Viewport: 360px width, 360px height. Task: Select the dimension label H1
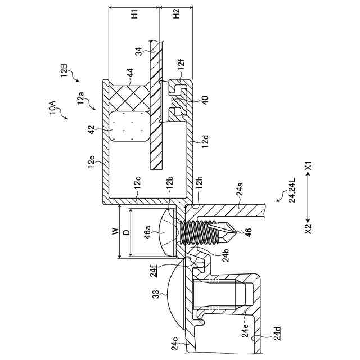click(133, 15)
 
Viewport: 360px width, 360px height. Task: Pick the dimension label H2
click(176, 15)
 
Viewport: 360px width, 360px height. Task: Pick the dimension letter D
click(125, 231)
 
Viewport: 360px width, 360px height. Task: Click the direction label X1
click(308, 166)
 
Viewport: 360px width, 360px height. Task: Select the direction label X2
click(308, 229)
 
